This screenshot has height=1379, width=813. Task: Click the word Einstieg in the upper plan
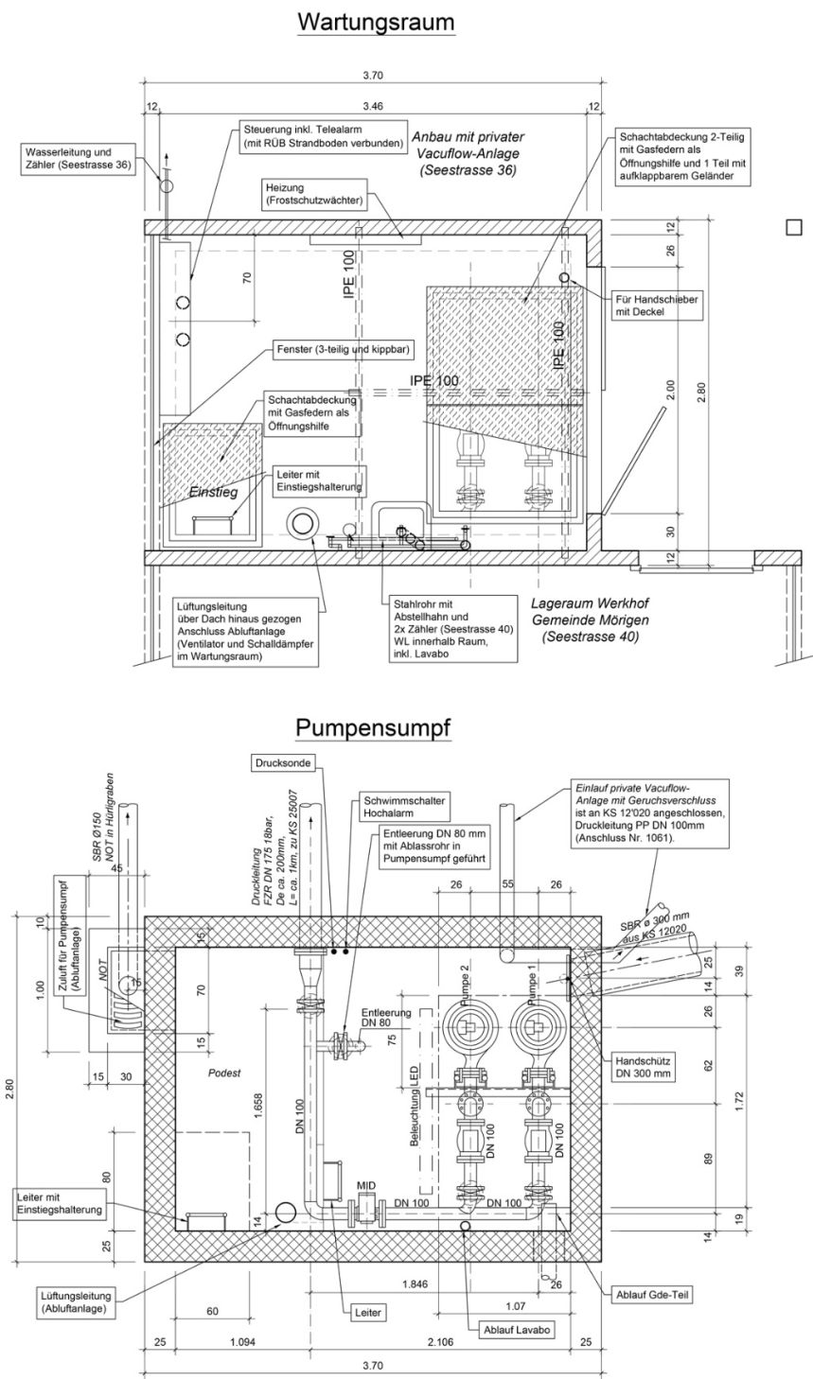[x=212, y=493]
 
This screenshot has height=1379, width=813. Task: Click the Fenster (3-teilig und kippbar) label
[x=344, y=349]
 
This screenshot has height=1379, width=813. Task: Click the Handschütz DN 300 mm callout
[x=645, y=1067]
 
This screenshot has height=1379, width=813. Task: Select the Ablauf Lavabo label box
[x=517, y=1329]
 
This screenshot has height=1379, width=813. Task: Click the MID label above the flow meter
[x=365, y=1184]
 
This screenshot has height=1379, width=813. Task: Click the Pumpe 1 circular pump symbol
[x=535, y=1026]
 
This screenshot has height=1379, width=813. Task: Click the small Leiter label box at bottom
[x=367, y=1313]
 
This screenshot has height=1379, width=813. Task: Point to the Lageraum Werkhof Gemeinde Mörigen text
[x=590, y=620]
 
